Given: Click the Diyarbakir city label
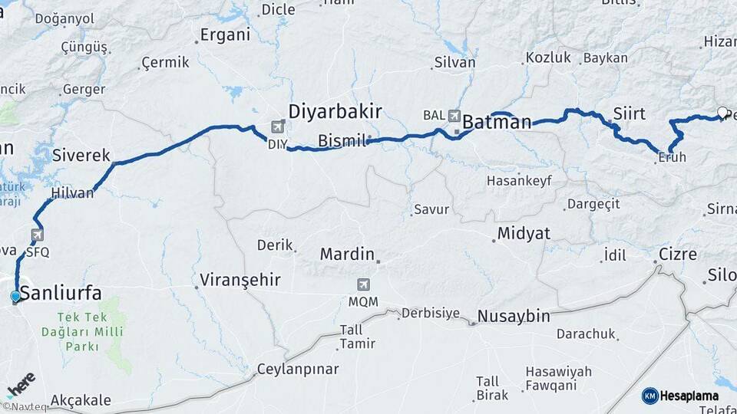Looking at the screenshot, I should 335,112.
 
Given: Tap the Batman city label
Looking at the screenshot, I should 497,122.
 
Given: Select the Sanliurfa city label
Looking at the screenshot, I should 61,292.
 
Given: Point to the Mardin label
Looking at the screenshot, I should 347,254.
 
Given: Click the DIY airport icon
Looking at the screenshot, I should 277,127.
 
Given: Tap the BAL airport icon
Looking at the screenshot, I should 454,116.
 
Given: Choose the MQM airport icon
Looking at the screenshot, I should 363,284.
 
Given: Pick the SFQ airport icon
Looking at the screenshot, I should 37,235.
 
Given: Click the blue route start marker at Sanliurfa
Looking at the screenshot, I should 15,297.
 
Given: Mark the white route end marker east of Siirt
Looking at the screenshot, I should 722,113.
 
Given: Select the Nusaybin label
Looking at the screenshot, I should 514,315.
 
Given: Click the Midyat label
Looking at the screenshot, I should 524,233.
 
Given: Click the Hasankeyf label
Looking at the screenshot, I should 518,181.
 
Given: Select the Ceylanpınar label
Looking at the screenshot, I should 298,369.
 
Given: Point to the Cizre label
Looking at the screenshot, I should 677,254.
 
